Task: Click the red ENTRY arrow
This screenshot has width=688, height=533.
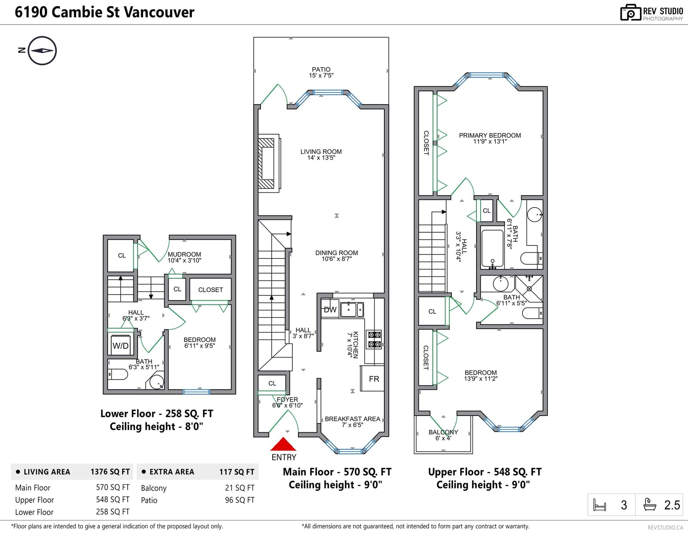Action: coord(283,444)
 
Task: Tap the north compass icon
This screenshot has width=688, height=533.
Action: coord(42,51)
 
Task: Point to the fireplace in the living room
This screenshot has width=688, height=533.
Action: coord(269,163)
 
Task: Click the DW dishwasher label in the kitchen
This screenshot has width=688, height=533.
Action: coord(330,310)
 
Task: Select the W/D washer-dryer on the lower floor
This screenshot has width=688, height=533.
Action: coord(121,345)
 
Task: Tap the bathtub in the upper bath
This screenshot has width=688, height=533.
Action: coord(492,248)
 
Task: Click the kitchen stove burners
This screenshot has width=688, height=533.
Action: coord(374,339)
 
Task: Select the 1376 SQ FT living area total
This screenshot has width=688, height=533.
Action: coord(110,472)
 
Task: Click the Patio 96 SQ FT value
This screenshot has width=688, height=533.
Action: coord(240,500)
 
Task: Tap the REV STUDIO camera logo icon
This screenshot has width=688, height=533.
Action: coord(630,12)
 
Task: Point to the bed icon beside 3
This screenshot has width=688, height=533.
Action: coord(599,505)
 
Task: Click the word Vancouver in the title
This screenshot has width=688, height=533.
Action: coord(159,12)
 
